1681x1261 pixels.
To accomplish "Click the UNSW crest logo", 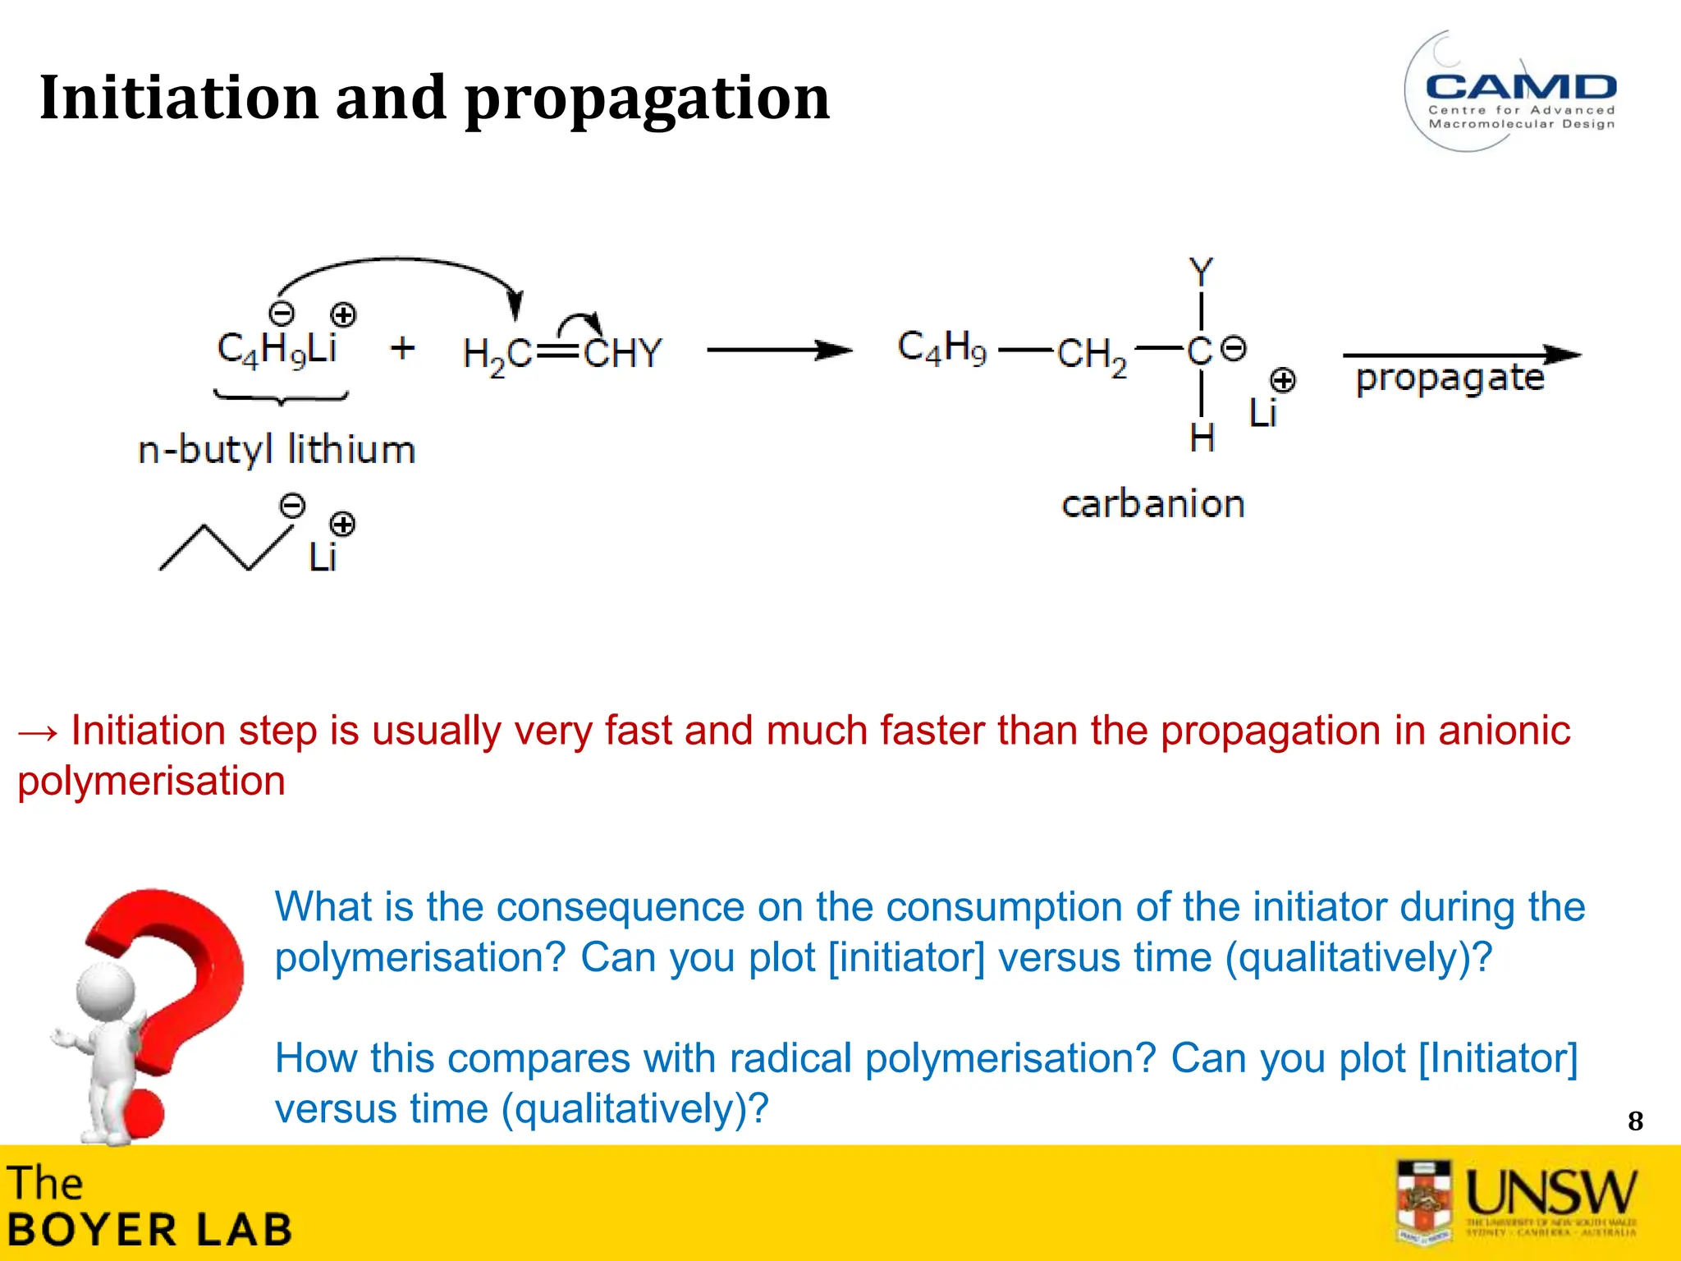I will (1424, 1200).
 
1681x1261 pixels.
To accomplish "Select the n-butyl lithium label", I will (277, 450).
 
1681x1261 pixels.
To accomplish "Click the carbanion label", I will (1152, 503).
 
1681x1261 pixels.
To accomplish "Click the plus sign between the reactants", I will (402, 348).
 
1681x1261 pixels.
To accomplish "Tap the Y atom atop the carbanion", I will (1201, 272).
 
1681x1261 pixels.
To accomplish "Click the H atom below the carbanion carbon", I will (1202, 438).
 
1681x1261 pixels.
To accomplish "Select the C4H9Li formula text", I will (277, 348).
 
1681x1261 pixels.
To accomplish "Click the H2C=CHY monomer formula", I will (562, 354).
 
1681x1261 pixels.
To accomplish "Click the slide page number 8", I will (1635, 1121).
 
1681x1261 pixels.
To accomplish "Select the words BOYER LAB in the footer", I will (149, 1230).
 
